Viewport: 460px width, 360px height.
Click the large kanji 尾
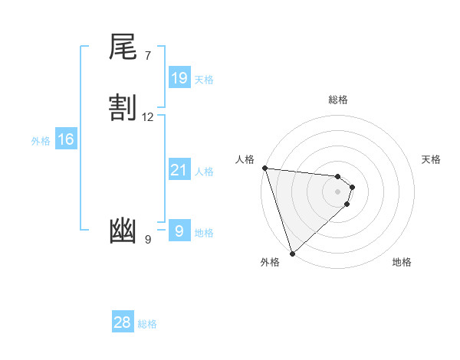(123, 47)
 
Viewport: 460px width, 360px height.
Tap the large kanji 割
(123, 107)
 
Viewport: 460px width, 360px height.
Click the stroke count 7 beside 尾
(148, 55)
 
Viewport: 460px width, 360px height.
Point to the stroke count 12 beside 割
(148, 116)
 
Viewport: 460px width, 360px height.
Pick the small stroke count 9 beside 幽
(148, 240)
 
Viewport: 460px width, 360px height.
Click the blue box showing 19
(179, 78)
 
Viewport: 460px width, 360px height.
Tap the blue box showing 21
(179, 170)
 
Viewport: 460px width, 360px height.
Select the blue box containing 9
(179, 231)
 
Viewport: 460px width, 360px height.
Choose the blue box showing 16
(66, 139)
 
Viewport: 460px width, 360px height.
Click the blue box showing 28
(123, 322)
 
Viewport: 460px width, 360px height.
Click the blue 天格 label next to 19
(204, 79)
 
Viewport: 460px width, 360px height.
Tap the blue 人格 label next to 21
(204, 171)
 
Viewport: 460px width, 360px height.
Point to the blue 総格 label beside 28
(147, 323)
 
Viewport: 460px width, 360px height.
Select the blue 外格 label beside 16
(41, 140)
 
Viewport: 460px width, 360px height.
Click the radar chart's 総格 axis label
(338, 100)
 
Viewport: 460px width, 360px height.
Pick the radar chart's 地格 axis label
(402, 262)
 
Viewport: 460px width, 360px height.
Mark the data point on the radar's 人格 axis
(264, 168)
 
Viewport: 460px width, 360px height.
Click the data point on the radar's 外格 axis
(292, 253)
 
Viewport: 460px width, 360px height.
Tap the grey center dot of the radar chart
(338, 191)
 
